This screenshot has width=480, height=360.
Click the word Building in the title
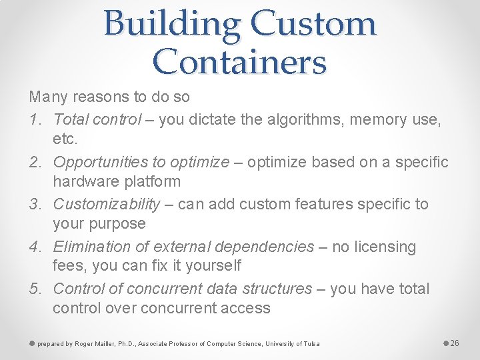point(172,24)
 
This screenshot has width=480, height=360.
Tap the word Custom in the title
point(313,24)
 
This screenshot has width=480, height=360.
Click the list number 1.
point(35,120)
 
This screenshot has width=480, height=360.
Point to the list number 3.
point(35,204)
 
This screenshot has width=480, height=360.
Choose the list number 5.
point(35,289)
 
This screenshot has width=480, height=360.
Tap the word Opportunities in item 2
point(98,162)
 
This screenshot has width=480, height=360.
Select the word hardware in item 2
point(83,181)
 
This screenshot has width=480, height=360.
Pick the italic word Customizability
point(107,204)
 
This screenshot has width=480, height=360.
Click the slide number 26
point(455,343)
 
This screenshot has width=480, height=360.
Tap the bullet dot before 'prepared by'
point(32,343)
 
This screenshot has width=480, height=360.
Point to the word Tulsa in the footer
point(311,344)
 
